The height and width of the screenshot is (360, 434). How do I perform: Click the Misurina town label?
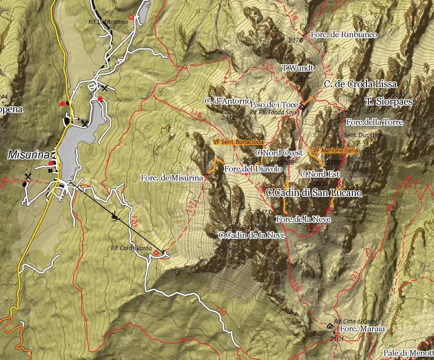pyautogui.click(x=28, y=155)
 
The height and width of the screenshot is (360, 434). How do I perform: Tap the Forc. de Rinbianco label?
pyautogui.click(x=344, y=35)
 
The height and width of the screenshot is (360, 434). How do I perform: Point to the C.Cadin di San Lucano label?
pyautogui.click(x=314, y=193)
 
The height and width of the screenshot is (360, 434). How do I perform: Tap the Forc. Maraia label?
pyautogui.click(x=362, y=329)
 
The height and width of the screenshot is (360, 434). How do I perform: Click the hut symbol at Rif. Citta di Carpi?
pyautogui.click(x=330, y=326)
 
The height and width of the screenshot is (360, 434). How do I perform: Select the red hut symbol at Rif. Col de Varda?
pyautogui.click(x=157, y=253)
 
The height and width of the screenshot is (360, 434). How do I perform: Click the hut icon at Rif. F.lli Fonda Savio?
pyautogui.click(x=302, y=106)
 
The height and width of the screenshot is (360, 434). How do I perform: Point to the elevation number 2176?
pyautogui.click(x=296, y=40)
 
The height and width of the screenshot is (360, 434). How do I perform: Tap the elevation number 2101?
pyautogui.click(x=336, y=339)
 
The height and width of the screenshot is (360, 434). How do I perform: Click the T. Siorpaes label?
pyautogui.click(x=389, y=102)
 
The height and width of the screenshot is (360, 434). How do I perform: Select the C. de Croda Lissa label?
pyautogui.click(x=360, y=84)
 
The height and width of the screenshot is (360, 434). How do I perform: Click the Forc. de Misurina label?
pyautogui.click(x=172, y=178)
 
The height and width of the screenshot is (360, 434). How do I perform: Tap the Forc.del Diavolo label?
pyautogui.click(x=252, y=169)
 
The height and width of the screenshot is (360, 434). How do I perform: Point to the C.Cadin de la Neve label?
pyautogui.click(x=252, y=235)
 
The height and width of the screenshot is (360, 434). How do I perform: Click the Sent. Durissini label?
pyautogui.click(x=362, y=135)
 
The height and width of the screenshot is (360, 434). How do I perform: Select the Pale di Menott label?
pyautogui.click(x=408, y=353)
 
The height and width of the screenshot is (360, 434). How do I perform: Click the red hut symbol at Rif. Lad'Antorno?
pyautogui.click(x=131, y=17)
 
